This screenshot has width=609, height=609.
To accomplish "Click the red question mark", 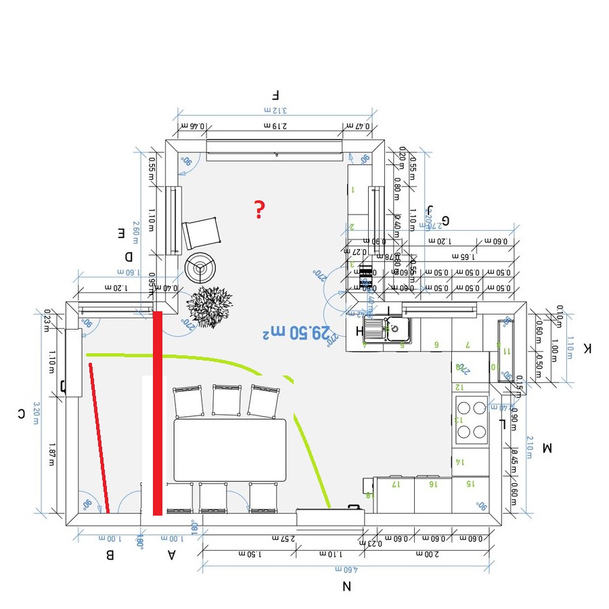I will tap(258, 210).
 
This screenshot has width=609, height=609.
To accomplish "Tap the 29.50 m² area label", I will tap(298, 332).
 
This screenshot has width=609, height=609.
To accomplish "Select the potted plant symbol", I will tap(209, 306).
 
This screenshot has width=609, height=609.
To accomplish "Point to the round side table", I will tap(201, 268).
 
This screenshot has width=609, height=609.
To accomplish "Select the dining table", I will tap(230, 450).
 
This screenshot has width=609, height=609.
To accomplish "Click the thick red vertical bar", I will tap(158, 413).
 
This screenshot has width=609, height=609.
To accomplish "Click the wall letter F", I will tap(275, 95).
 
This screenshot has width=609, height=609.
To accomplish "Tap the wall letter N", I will tap(346, 586).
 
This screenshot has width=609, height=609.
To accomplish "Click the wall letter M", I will tap(547, 447).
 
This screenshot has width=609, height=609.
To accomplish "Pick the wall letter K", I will tap(587, 348).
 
